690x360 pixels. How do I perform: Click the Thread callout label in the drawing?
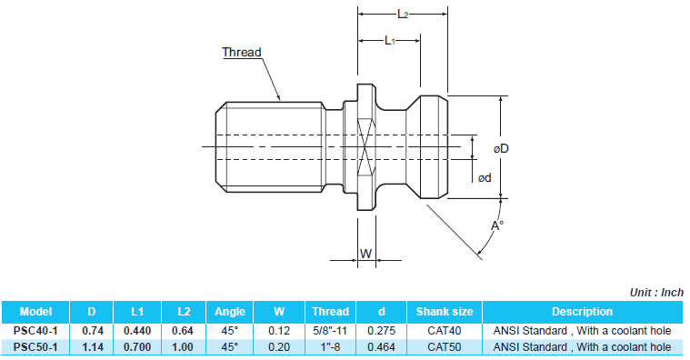(x=242, y=53)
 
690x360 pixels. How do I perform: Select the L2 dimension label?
(x=403, y=15)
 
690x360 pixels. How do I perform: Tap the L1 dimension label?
(x=390, y=41)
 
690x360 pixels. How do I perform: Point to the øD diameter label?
(x=501, y=149)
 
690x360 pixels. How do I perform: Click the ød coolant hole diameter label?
(x=485, y=178)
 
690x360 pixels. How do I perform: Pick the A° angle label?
(x=497, y=225)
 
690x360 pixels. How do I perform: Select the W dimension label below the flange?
(x=366, y=254)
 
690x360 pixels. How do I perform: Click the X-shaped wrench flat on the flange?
(x=366, y=147)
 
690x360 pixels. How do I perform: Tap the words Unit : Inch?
(x=656, y=293)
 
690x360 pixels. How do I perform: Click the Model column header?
(x=35, y=312)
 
